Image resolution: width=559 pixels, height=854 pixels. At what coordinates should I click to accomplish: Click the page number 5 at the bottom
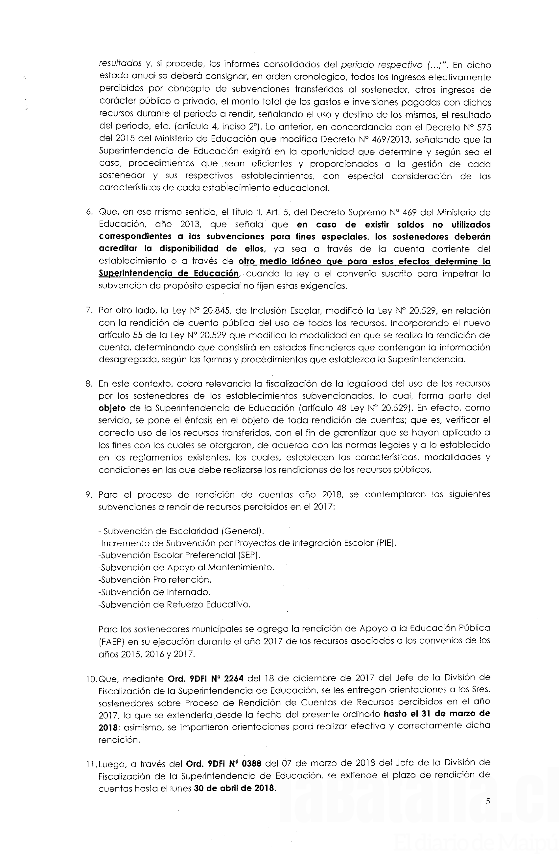point(488,812)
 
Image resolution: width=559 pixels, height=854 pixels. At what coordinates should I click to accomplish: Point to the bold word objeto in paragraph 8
point(112,408)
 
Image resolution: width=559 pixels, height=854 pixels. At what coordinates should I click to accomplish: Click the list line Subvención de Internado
point(155,592)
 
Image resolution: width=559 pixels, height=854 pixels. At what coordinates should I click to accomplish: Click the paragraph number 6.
point(89,212)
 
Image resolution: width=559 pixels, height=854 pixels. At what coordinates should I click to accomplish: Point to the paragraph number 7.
point(89,310)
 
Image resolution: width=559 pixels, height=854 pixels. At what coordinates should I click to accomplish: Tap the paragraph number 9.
point(89,495)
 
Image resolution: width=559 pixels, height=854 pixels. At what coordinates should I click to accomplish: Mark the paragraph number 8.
point(89,384)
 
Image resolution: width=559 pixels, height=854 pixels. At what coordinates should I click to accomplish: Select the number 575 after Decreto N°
point(483,127)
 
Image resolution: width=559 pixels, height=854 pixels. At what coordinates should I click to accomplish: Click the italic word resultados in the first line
point(120,64)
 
